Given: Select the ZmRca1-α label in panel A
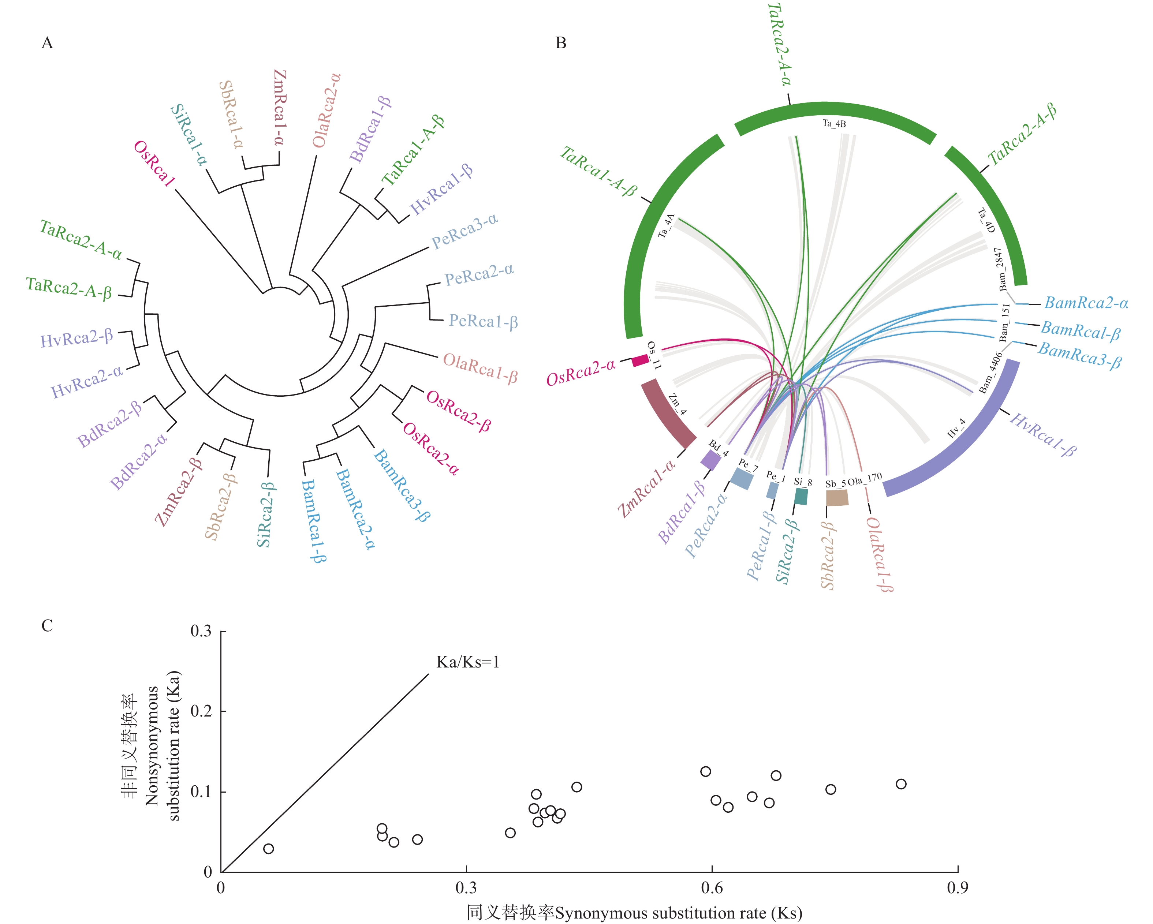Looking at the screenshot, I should tap(280, 108).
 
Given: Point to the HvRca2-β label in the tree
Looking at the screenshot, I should tap(77, 337).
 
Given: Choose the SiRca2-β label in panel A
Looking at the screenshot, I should tap(265, 515).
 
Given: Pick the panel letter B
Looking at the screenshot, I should tap(560, 43).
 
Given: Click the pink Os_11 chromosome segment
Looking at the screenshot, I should tap(640, 360).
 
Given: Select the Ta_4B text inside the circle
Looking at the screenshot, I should tap(834, 124).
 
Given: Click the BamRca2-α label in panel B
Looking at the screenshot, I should tap(1086, 303).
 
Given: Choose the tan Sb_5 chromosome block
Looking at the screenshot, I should tap(837, 497).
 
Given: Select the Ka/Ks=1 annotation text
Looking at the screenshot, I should tap(467, 662).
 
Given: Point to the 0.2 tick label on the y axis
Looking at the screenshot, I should tap(201, 711).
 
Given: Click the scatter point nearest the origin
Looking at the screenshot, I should tap(268, 849).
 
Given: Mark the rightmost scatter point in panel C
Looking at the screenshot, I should tap(901, 784).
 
